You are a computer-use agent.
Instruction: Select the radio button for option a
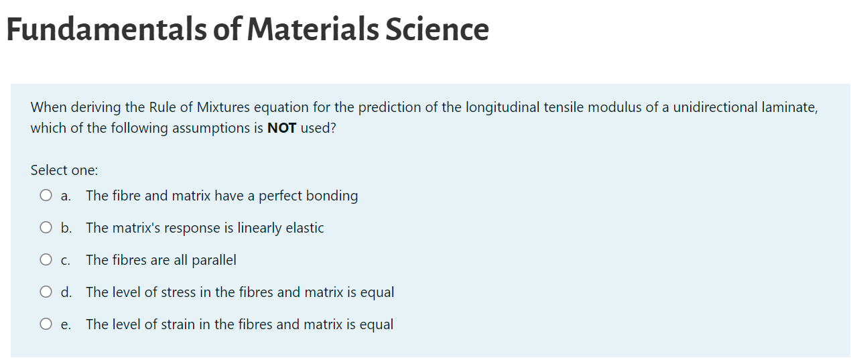click(x=46, y=196)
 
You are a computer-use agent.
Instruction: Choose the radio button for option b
click(x=46, y=228)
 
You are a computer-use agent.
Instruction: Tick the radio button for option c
click(x=46, y=260)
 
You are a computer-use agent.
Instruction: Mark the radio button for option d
click(x=46, y=292)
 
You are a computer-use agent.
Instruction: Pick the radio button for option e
click(x=46, y=324)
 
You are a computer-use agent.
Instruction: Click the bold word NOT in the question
click(x=281, y=128)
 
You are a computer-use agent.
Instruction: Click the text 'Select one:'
click(x=64, y=170)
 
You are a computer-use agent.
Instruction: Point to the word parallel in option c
click(x=214, y=260)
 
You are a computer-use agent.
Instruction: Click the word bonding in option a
click(x=332, y=196)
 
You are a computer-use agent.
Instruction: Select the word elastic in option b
click(x=305, y=228)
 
